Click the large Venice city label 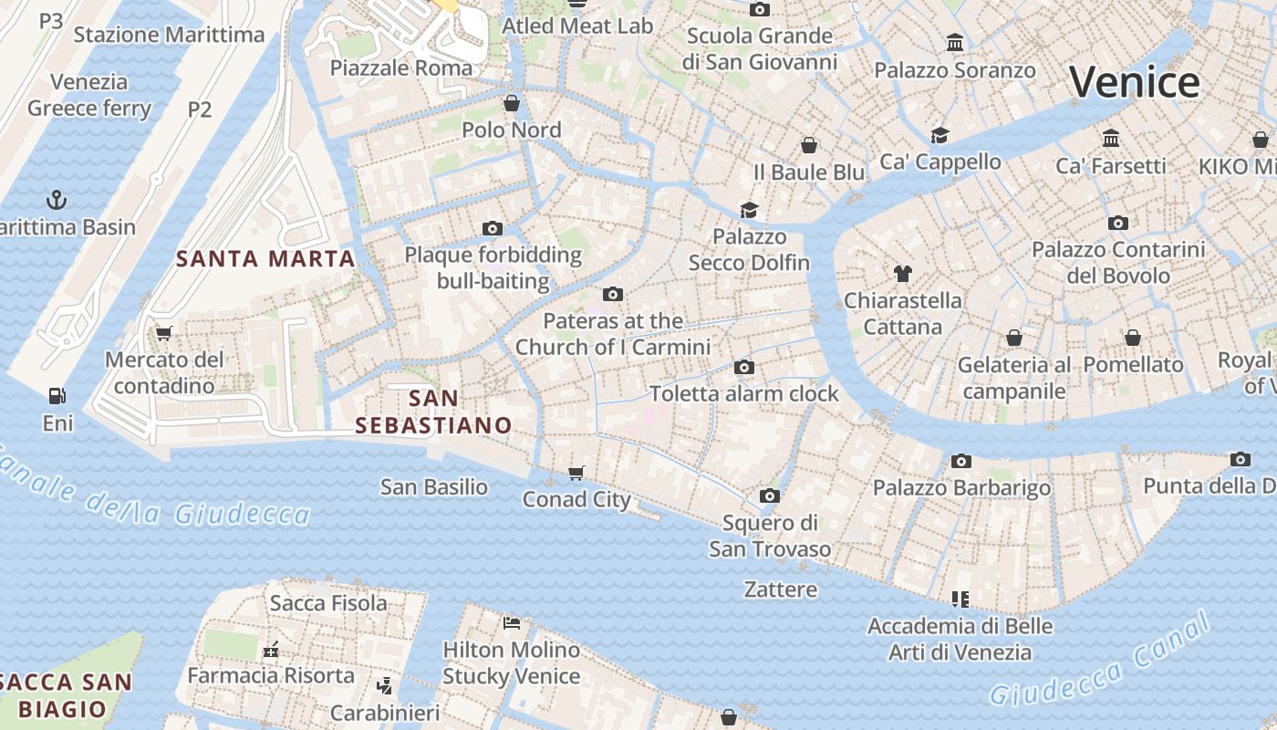click(1134, 82)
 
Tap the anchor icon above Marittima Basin click(57, 199)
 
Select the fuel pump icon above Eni click(57, 396)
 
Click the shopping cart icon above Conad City click(576, 473)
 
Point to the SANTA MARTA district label click(265, 259)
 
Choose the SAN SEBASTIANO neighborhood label click(433, 412)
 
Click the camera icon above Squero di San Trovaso click(770, 495)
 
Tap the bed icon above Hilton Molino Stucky click(512, 623)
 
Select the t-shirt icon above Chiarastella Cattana click(902, 273)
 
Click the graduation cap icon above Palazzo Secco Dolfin click(749, 209)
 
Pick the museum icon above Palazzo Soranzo click(955, 42)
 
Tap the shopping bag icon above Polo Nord click(512, 102)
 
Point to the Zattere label click(781, 589)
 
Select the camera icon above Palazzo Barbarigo click(961, 461)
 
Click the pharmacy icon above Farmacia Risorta click(270, 649)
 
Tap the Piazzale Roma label click(401, 68)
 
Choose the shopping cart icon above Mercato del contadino click(163, 333)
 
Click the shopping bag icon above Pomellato click(1133, 338)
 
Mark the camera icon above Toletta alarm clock click(744, 367)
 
